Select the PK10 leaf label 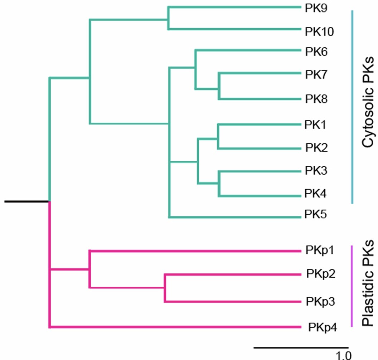[319, 32]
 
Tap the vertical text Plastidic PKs [367, 283]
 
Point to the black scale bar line [301, 347]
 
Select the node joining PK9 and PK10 [168, 18]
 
